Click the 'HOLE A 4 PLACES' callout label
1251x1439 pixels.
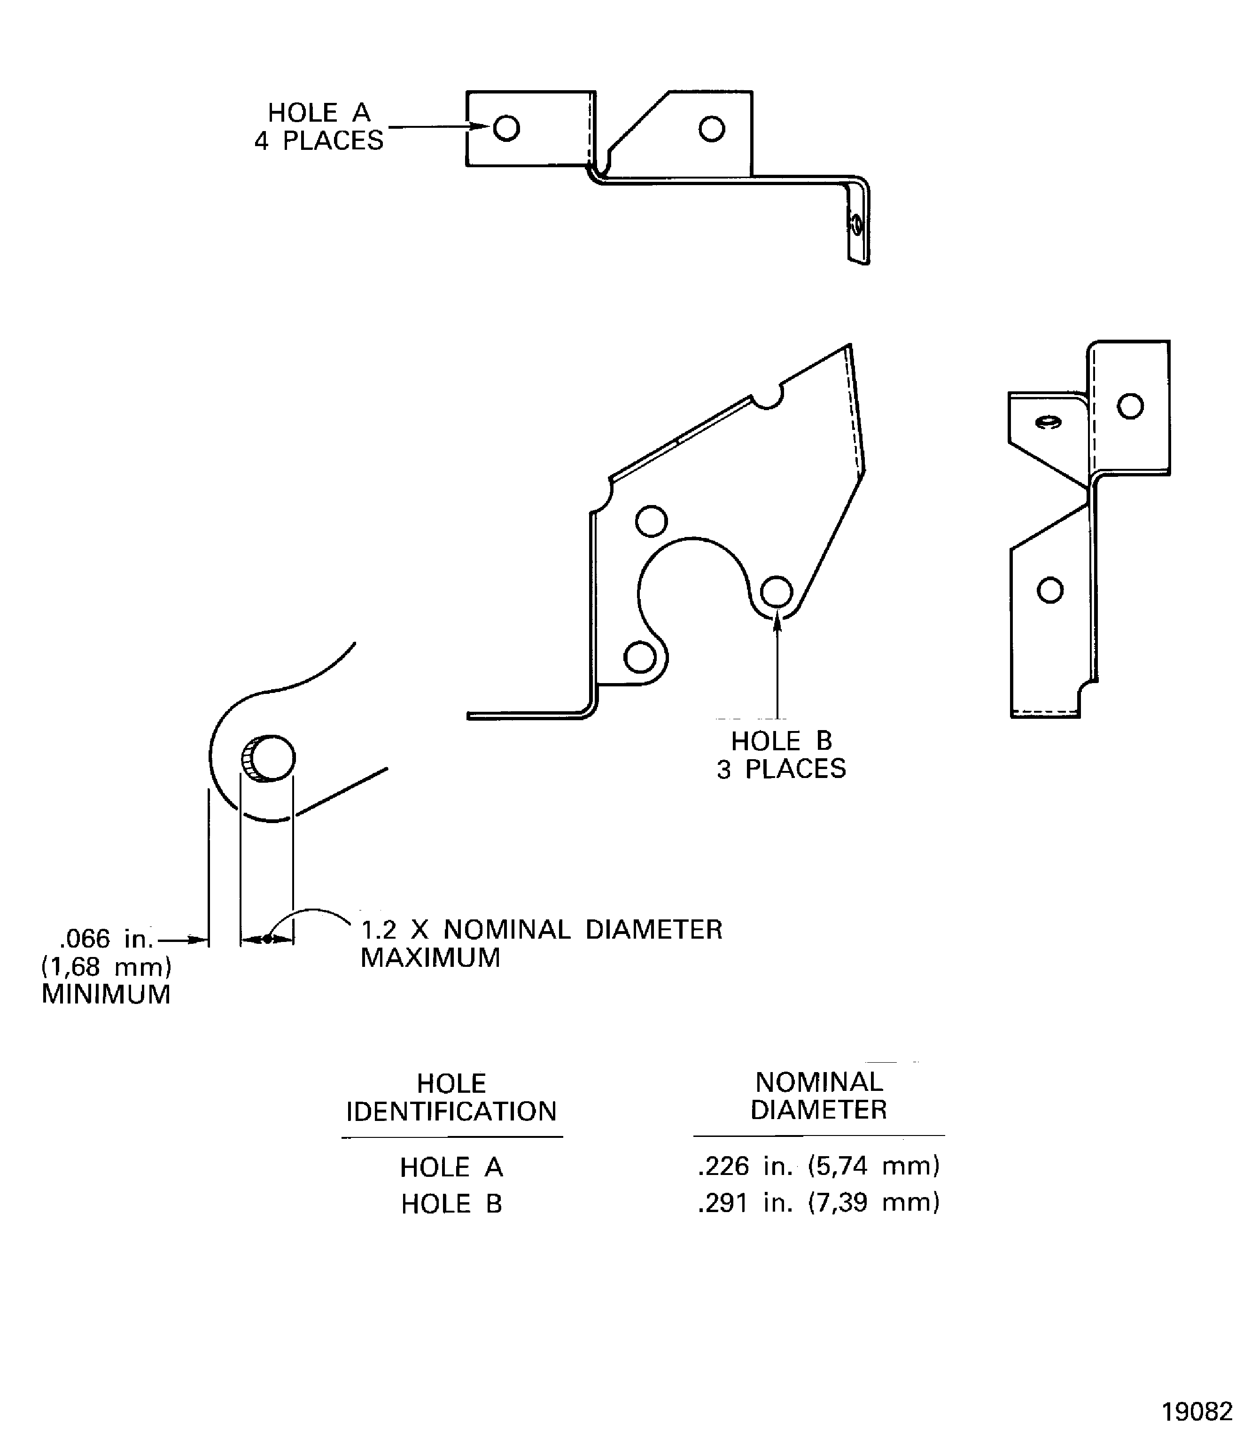pyautogui.click(x=319, y=126)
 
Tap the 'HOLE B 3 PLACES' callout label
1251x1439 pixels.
pyautogui.click(x=781, y=755)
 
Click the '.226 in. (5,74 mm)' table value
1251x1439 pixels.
pyautogui.click(x=819, y=1165)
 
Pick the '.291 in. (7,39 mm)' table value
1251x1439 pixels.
pyautogui.click(x=819, y=1202)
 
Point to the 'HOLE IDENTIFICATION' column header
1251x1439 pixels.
pyautogui.click(x=451, y=1097)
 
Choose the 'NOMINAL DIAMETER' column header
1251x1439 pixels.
pyautogui.click(x=819, y=1096)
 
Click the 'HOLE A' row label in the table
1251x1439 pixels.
pyautogui.click(x=451, y=1167)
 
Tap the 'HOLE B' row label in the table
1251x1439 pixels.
pyautogui.click(x=451, y=1204)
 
